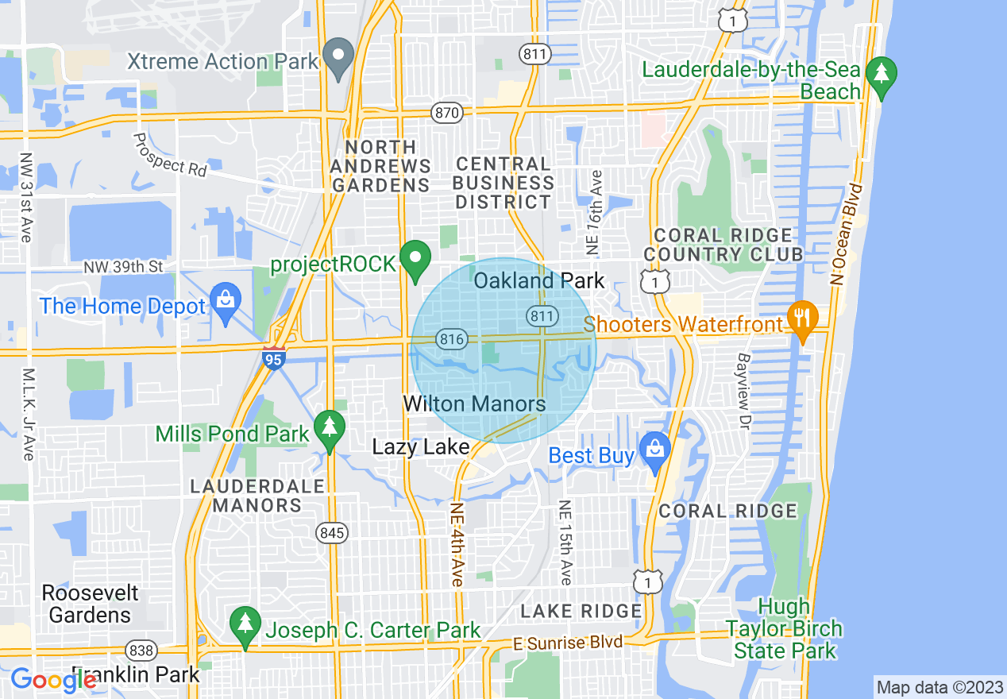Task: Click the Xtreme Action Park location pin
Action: (x=341, y=57)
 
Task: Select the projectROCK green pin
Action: (x=415, y=260)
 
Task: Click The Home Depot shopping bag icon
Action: (x=226, y=303)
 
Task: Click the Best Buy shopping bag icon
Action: (x=654, y=451)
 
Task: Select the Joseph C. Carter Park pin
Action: (x=245, y=626)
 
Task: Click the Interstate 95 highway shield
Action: (x=273, y=358)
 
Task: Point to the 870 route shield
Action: (x=447, y=113)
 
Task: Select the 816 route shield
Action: (x=450, y=339)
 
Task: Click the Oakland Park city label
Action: (x=538, y=281)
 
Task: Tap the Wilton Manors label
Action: (x=474, y=404)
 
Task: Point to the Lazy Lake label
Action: (x=421, y=447)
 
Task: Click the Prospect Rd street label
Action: (x=169, y=155)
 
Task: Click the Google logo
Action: (x=53, y=680)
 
